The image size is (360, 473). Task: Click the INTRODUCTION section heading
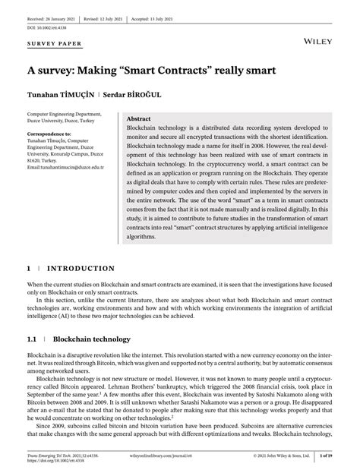coord(81,268)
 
